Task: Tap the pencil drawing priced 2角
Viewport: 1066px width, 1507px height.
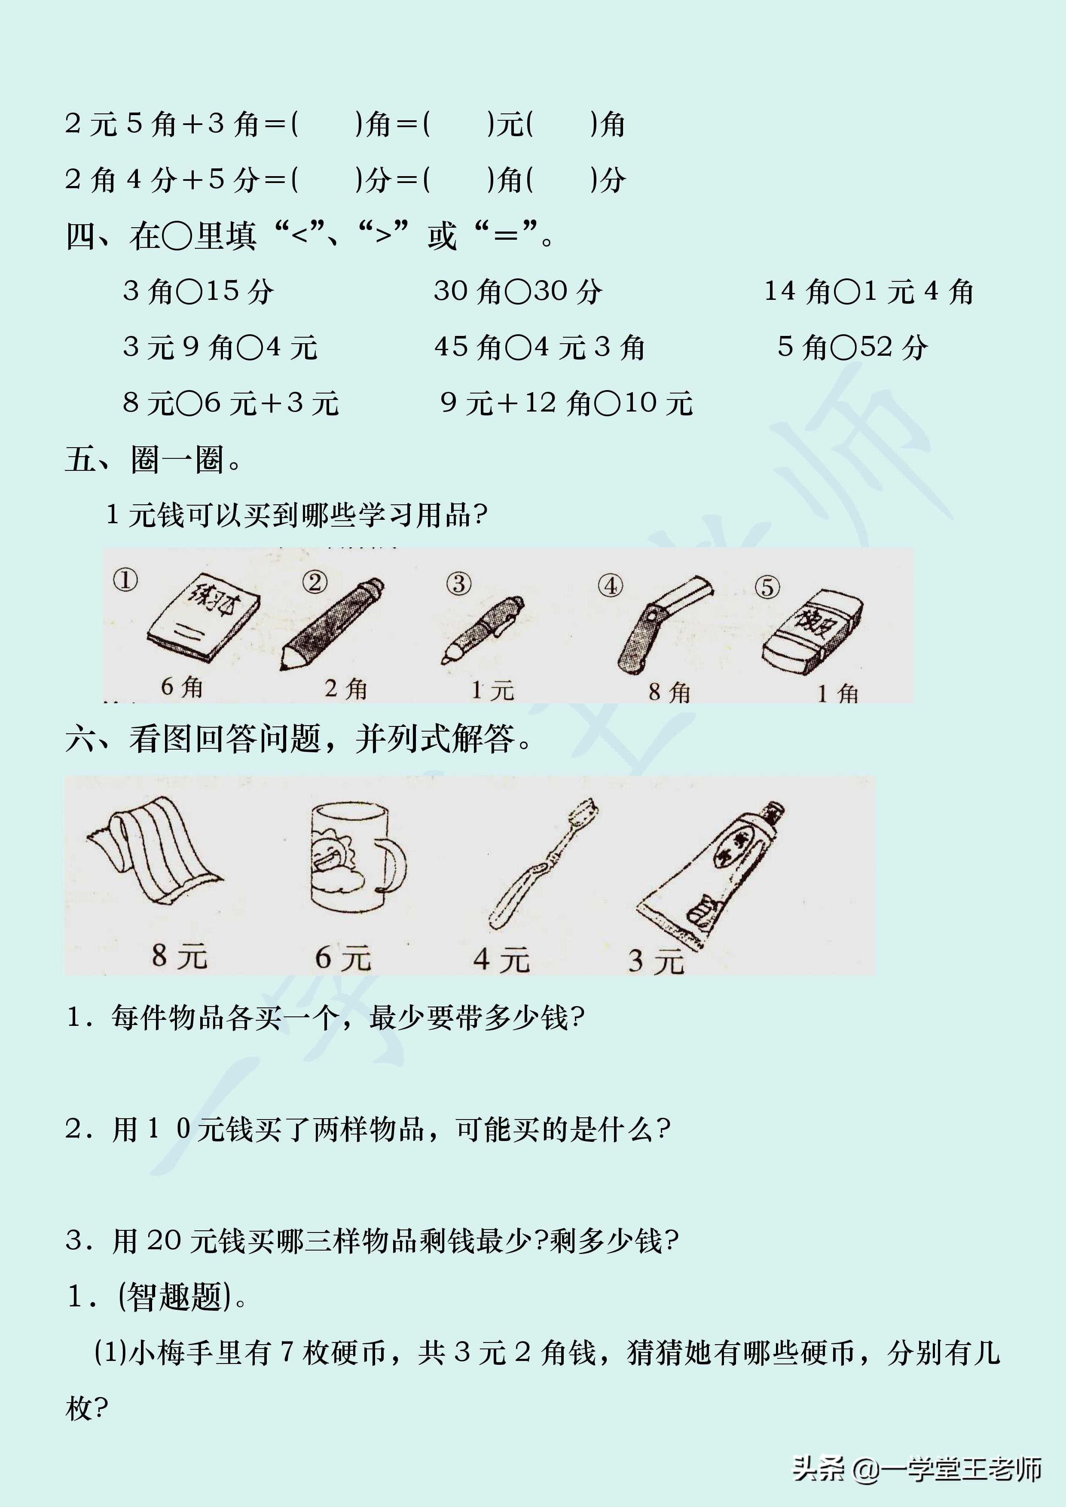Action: [x=331, y=623]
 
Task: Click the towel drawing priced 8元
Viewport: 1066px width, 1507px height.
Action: [x=154, y=850]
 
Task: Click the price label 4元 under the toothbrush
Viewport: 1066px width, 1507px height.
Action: [x=501, y=960]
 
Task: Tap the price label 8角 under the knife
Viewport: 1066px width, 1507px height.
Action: [x=669, y=692]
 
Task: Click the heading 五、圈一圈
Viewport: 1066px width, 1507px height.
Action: [x=154, y=460]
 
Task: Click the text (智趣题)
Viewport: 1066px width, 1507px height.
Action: [x=175, y=1297]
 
